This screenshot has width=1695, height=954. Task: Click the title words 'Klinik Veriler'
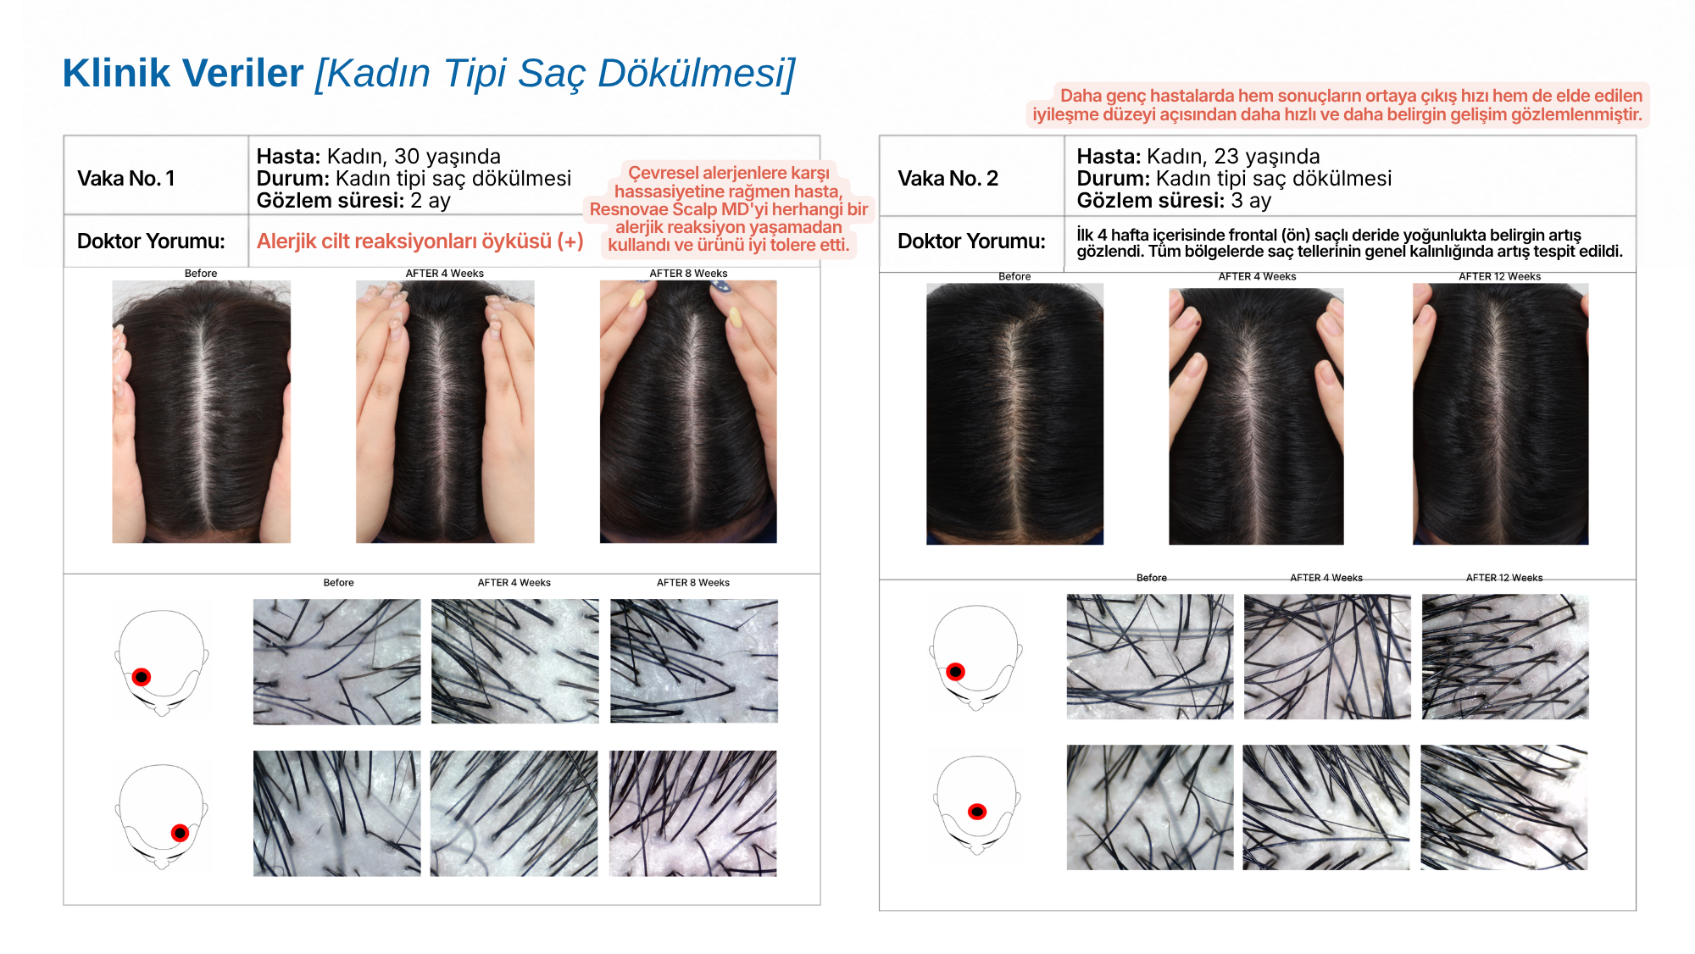[183, 73]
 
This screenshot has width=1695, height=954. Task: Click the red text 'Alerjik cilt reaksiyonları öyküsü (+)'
[420, 241]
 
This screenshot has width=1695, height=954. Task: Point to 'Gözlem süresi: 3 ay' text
[1174, 201]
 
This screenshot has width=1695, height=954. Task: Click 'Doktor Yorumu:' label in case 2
[971, 241]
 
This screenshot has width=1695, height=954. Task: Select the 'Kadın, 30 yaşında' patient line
[414, 157]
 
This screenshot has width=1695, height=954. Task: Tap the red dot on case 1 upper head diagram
[142, 677]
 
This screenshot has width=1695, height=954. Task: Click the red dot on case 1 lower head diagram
[180, 833]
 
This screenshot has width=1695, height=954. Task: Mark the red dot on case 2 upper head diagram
[955, 672]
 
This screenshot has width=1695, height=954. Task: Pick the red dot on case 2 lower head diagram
[977, 812]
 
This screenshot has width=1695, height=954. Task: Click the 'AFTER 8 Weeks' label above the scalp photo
[688, 274]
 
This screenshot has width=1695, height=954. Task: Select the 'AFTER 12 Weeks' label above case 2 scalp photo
[1499, 276]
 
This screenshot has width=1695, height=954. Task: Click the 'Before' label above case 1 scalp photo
[201, 274]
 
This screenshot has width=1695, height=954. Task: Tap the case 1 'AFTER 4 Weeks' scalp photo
[445, 412]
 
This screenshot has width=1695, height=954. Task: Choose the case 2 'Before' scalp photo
[1014, 413]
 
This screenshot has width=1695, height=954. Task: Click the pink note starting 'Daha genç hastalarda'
[1337, 105]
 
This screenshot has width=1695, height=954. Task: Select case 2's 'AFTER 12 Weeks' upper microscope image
[1505, 657]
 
